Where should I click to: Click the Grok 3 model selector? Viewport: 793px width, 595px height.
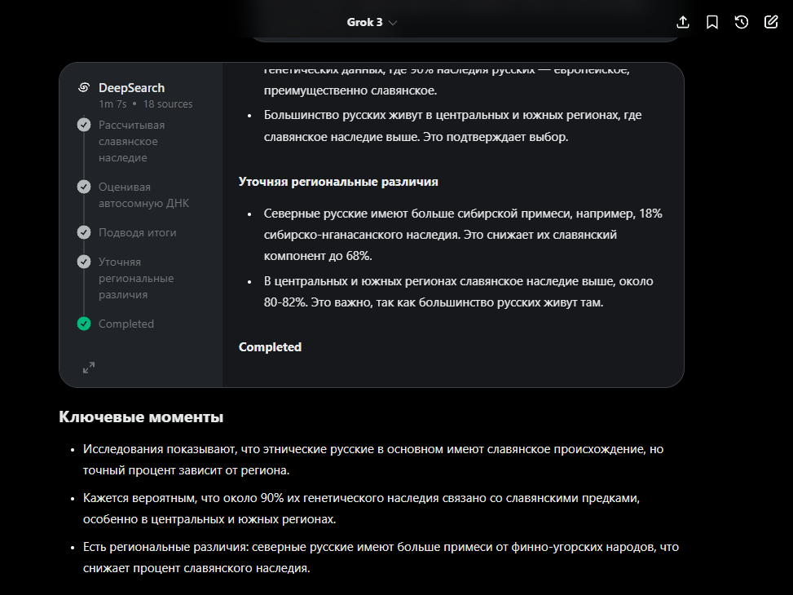(372, 22)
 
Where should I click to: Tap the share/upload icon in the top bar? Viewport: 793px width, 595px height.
(684, 22)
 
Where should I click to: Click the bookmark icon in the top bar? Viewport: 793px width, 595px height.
(712, 22)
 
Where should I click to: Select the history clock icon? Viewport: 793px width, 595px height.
(742, 22)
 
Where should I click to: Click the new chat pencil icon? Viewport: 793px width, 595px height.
(771, 22)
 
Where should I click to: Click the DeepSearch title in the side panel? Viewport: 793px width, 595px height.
(131, 88)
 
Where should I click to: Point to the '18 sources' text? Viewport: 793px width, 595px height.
(168, 104)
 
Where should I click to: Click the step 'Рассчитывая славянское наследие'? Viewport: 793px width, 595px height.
(131, 141)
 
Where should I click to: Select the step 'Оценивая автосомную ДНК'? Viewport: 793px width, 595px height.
(143, 195)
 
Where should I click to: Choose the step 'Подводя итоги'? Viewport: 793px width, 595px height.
(137, 232)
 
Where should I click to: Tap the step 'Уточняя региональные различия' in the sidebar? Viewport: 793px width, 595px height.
(136, 278)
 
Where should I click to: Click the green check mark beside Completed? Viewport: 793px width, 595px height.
(84, 324)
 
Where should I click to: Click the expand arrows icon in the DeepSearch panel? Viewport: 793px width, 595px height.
(89, 368)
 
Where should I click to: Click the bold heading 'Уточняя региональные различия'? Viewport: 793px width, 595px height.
(338, 182)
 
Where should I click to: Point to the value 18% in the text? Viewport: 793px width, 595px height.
(650, 214)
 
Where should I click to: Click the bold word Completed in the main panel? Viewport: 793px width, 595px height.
(270, 347)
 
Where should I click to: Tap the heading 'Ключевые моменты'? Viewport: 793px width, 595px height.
(141, 417)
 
